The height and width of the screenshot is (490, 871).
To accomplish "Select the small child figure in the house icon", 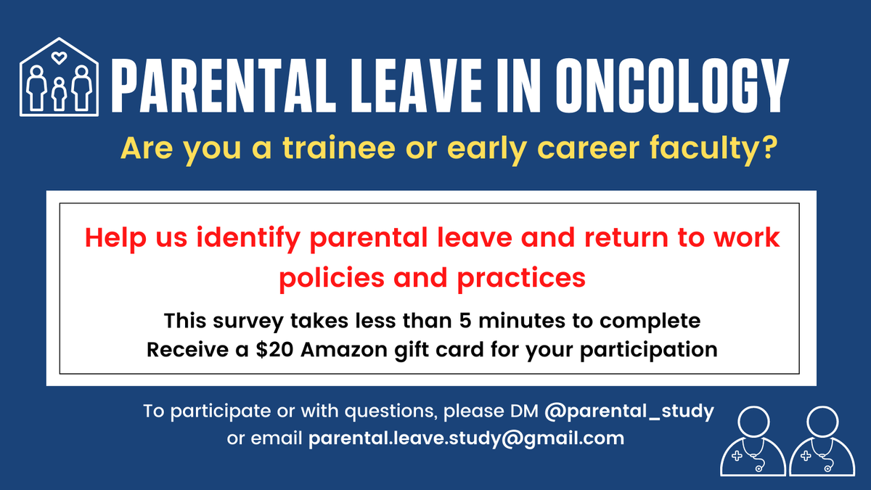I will (x=59, y=92).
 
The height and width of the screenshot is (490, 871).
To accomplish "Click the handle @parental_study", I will (x=629, y=412).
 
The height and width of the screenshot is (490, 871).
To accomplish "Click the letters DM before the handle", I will (x=524, y=412).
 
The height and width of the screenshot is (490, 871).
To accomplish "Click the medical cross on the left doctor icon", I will (x=737, y=457).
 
